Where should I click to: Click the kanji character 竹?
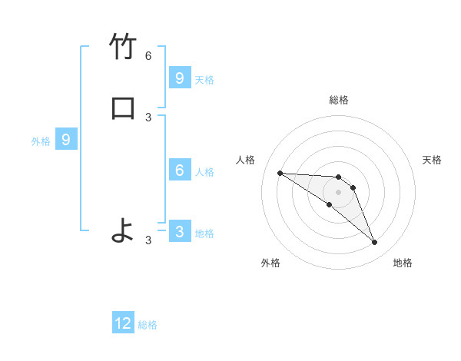tap(123, 48)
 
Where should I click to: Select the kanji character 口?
tap(123, 108)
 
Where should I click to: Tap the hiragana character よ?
tap(123, 230)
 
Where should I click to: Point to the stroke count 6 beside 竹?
tap(148, 56)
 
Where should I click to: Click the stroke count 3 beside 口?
tap(148, 117)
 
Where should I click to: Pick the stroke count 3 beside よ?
tap(148, 240)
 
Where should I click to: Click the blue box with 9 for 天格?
tap(180, 78)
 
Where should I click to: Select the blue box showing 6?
tap(180, 171)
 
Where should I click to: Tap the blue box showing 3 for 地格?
tap(180, 231)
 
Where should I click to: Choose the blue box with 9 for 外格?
tap(66, 140)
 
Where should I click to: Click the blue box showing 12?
tap(123, 323)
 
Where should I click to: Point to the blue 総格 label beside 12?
tap(148, 325)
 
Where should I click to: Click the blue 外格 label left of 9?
tap(41, 141)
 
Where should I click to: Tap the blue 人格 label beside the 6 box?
tap(205, 172)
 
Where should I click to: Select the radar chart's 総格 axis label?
tap(338, 100)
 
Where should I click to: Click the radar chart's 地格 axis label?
tap(403, 263)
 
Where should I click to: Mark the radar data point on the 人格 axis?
tap(280, 173)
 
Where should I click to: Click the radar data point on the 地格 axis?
tap(375, 243)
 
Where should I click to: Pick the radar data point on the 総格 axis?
tap(338, 177)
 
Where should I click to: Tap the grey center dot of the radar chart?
tap(338, 192)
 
